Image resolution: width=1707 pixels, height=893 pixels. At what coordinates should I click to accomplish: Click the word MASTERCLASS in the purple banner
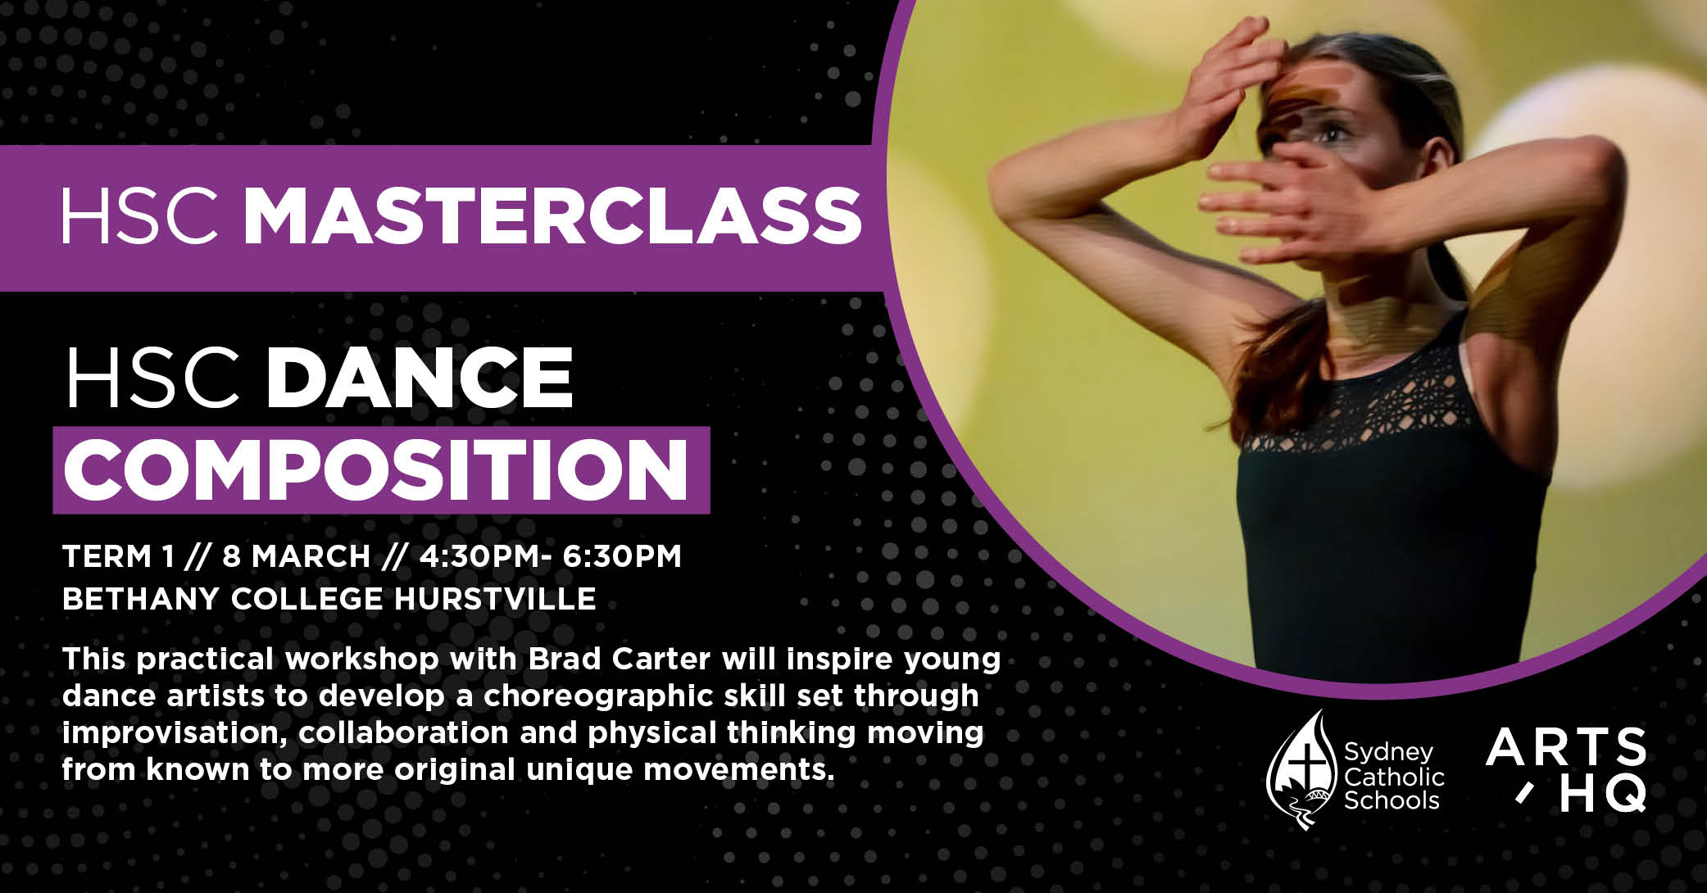[x=552, y=216]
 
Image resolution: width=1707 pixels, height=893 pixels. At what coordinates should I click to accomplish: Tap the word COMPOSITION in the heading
[x=376, y=471]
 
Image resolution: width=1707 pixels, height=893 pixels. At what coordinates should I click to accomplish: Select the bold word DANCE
[x=420, y=378]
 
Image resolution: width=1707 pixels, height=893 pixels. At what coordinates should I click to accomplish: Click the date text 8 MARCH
[x=296, y=556]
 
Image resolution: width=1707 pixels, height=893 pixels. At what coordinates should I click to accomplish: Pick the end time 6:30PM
[x=622, y=556]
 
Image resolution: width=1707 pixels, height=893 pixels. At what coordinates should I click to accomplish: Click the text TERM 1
[x=119, y=556]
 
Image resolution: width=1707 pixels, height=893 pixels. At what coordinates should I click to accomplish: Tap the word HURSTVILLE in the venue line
[x=495, y=599]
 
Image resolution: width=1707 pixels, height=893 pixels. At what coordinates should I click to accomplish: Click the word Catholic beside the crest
[x=1394, y=776]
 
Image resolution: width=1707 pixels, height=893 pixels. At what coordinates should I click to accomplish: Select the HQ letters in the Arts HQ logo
[x=1602, y=793]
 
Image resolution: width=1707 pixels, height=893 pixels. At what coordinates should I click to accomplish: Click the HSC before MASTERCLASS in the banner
[x=140, y=216]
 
